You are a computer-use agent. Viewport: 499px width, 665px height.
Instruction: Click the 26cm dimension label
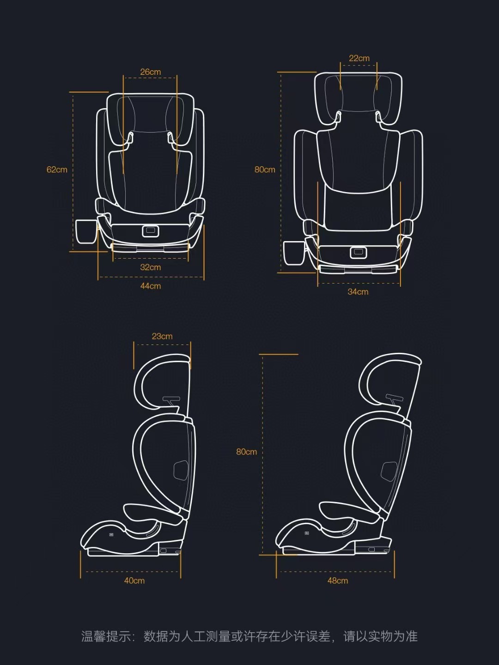click(x=151, y=72)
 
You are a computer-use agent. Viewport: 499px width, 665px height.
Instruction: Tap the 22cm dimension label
click(x=359, y=58)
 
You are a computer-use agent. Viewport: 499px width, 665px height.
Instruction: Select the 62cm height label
click(x=57, y=169)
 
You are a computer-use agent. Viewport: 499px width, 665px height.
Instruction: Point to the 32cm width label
click(x=151, y=267)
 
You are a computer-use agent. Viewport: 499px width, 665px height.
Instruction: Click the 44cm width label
click(x=151, y=286)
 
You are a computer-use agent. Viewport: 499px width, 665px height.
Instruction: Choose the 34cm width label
click(x=358, y=292)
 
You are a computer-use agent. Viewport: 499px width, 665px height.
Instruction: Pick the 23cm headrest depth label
click(x=162, y=336)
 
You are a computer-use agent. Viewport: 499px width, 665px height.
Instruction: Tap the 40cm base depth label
click(x=134, y=581)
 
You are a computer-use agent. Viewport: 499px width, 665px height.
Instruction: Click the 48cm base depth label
click(x=338, y=581)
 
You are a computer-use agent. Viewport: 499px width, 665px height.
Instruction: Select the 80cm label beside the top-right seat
click(x=265, y=169)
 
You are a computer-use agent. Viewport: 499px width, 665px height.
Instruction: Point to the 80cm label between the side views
click(x=246, y=452)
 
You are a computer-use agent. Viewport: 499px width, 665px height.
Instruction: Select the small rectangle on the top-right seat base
click(x=358, y=252)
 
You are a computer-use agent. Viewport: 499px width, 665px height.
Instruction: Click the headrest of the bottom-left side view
click(x=159, y=379)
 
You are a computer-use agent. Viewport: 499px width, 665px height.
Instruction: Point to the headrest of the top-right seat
click(x=358, y=97)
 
